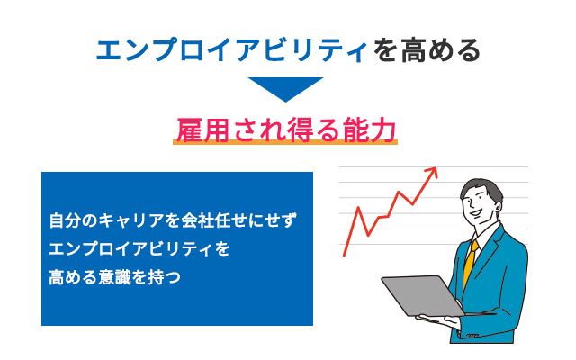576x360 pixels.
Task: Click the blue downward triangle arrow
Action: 285,88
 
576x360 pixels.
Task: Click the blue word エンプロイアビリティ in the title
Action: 232,50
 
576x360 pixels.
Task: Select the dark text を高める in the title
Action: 427,50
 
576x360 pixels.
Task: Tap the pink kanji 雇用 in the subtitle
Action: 203,130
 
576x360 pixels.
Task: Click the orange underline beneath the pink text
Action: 285,142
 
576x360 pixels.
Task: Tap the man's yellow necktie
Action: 470,263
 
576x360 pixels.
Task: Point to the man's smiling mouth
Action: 476,213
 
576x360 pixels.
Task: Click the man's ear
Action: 499,208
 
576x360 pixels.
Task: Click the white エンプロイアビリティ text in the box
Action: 130,248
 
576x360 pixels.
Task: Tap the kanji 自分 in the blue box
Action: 65,220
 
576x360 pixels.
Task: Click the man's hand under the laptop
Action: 439,320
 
